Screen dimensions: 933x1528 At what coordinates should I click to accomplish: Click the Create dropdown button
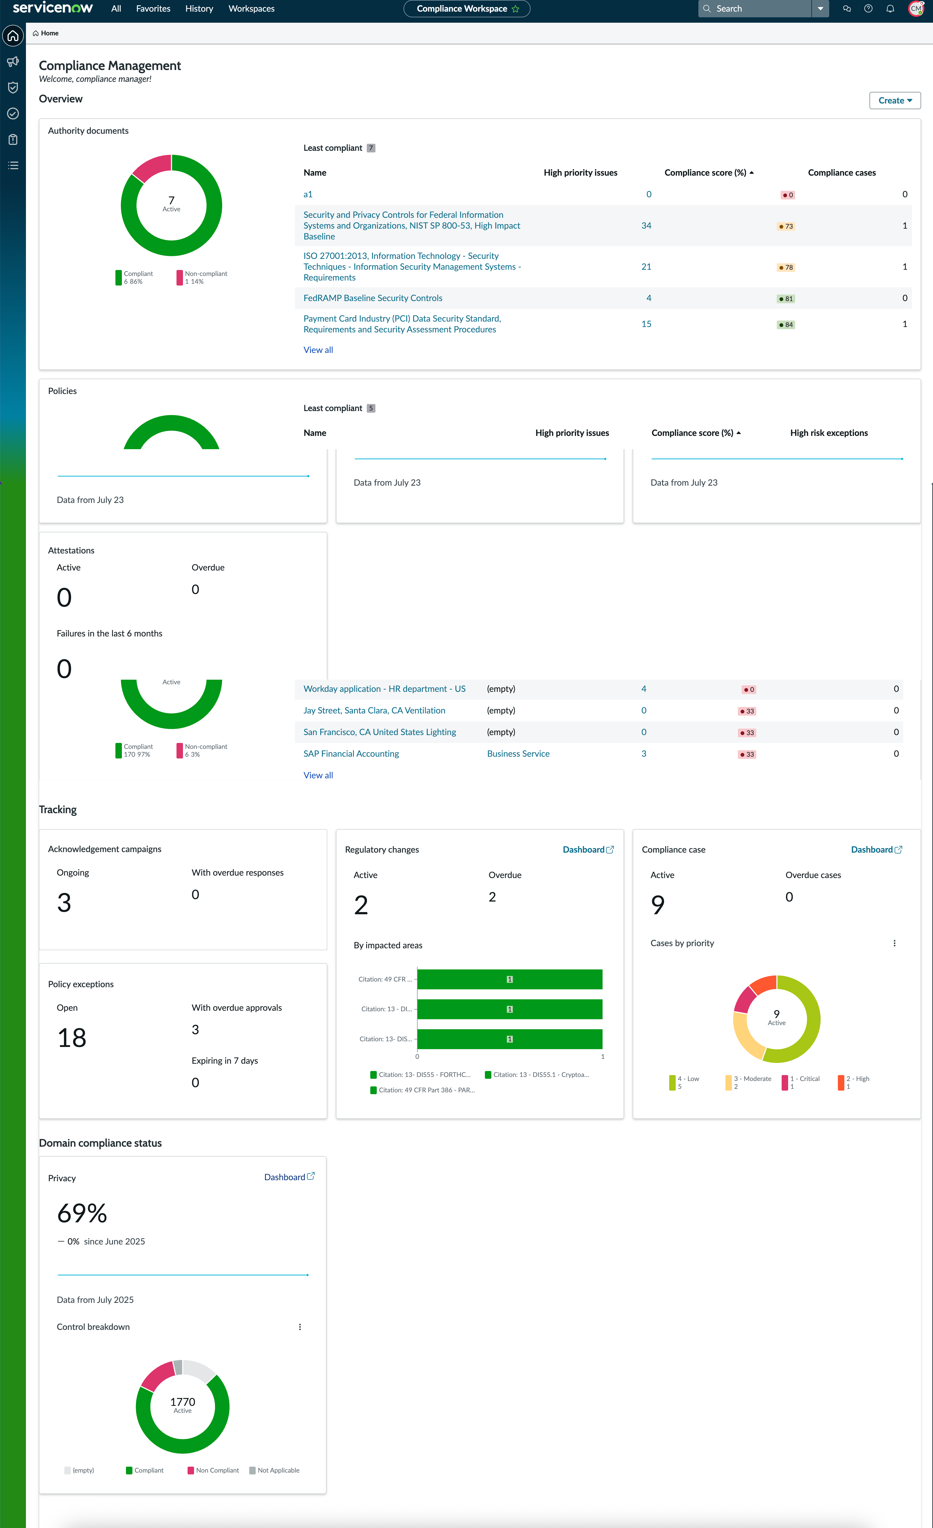(895, 101)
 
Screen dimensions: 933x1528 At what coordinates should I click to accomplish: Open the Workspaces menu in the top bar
(251, 9)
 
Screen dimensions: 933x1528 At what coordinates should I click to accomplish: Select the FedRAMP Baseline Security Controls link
(373, 298)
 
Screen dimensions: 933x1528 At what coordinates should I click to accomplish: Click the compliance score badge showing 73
(785, 226)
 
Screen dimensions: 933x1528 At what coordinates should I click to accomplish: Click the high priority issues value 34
(647, 226)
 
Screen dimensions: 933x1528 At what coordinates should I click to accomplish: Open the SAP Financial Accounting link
(351, 754)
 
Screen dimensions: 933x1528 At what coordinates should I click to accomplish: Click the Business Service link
(518, 754)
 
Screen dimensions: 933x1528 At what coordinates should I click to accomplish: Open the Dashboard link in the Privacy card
(289, 1177)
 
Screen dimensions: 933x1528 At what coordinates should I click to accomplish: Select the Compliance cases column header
(842, 173)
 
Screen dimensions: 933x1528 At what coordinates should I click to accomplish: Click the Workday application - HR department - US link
(385, 689)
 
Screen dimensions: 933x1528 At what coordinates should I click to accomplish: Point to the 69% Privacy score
(82, 1214)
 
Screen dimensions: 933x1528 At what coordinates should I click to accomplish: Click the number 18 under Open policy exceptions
(72, 1038)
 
